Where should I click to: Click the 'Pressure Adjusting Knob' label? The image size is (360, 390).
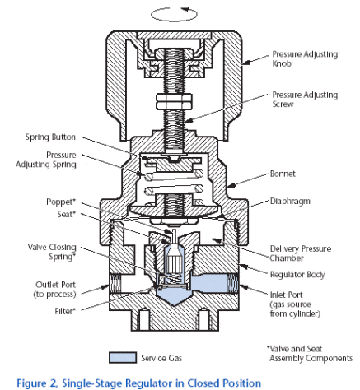click(305, 58)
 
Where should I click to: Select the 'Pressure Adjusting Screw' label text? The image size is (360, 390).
click(305, 100)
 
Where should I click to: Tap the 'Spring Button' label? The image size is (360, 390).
click(50, 137)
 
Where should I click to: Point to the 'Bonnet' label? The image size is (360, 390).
click(283, 174)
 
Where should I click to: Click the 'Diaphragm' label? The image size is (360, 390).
click(290, 201)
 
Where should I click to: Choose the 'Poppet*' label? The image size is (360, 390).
click(61, 202)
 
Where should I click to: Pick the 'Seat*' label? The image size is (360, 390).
click(66, 214)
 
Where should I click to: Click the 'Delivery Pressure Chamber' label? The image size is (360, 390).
click(301, 253)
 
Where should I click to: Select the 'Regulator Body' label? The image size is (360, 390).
click(297, 274)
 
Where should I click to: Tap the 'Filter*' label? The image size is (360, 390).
click(65, 311)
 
